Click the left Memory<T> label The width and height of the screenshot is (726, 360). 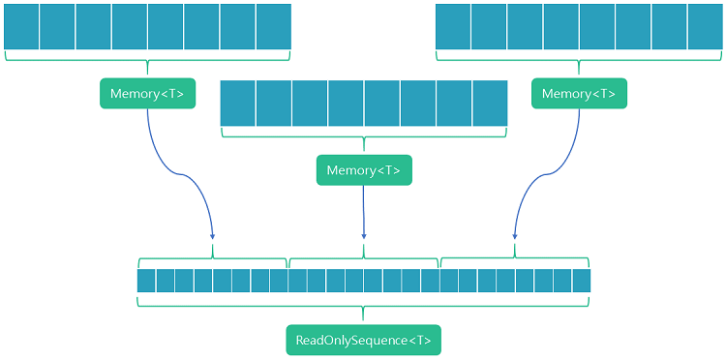pos(147,94)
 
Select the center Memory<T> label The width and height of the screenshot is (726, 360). pos(364,170)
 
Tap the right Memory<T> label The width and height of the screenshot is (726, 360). pos(579,94)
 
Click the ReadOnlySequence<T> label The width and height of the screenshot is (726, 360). pos(363,341)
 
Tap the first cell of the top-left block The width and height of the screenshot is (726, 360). pos(21,26)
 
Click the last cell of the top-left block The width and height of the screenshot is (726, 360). pos(274,26)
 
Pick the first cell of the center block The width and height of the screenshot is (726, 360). pos(238,104)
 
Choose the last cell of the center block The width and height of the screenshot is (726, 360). pos(490,104)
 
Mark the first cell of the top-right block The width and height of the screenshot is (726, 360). pos(453,26)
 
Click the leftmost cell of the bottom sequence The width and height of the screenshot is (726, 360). pos(146,281)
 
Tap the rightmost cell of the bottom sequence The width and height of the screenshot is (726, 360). pos(581,281)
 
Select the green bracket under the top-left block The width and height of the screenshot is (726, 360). pos(147,59)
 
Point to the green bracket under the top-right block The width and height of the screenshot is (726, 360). pos(579,59)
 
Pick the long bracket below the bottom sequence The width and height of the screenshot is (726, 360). pos(363,306)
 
